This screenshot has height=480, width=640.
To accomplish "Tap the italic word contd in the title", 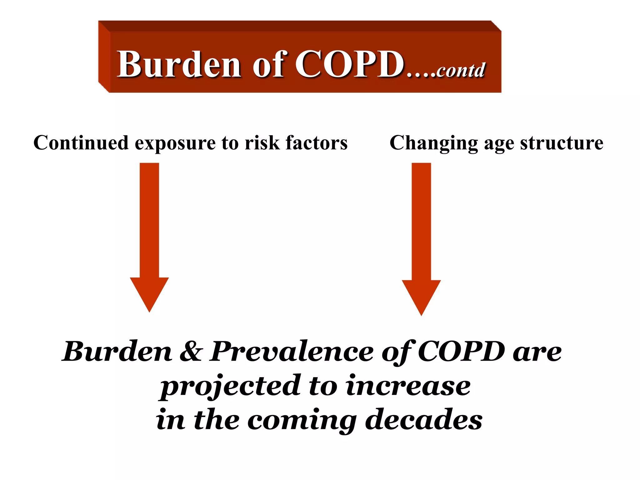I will tap(461, 70).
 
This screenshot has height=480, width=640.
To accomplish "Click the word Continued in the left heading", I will tap(81, 143).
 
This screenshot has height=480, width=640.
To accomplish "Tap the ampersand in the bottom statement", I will tap(191, 351).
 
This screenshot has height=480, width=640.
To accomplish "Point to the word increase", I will tap(408, 386).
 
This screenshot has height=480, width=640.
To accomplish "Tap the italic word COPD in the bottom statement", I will tap(461, 351).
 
